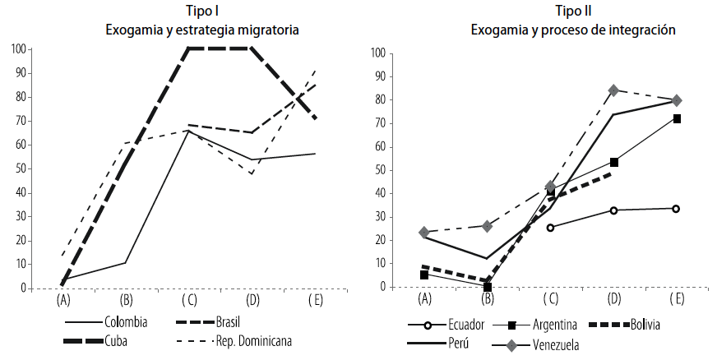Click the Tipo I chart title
pos(201,11)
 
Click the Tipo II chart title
pos(573,11)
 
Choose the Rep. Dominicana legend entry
pos(252,340)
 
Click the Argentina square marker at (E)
pos(678,118)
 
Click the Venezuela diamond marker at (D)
pos(613,90)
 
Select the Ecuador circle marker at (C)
pos(550,227)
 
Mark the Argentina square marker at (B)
pos(487,287)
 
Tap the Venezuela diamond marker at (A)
pos(424,233)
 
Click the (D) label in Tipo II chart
pos(613,298)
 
